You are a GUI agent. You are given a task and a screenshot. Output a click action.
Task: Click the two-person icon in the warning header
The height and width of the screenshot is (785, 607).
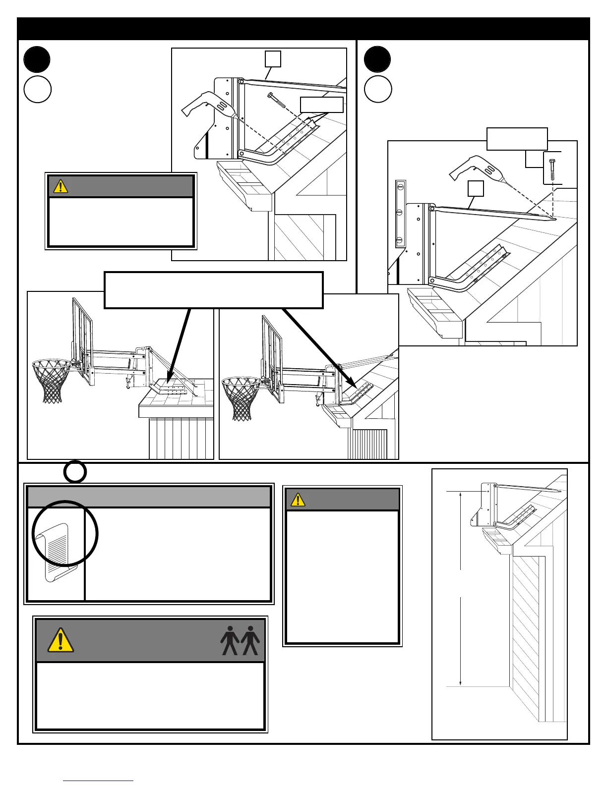[240, 641]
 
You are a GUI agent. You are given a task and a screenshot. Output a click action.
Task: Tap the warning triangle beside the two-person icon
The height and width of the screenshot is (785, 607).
[61, 640]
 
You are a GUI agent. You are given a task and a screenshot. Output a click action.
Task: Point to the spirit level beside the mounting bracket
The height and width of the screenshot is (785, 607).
[400, 214]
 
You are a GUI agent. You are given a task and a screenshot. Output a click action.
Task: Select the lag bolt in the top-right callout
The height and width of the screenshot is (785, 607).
[552, 170]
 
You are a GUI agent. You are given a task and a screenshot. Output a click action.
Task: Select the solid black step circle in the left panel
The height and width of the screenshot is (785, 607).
[37, 59]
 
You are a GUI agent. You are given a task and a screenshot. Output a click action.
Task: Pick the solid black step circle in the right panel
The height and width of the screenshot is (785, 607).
[377, 59]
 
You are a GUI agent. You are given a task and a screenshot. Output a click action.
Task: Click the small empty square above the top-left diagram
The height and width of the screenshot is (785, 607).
[272, 58]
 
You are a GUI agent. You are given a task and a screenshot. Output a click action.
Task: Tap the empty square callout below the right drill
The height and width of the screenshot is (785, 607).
[476, 188]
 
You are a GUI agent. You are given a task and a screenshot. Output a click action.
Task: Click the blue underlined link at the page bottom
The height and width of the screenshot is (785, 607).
[98, 781]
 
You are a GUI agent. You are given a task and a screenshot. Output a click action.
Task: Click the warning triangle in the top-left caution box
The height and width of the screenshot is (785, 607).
[61, 186]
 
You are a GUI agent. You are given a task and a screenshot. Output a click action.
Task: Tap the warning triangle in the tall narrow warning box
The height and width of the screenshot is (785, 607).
[298, 500]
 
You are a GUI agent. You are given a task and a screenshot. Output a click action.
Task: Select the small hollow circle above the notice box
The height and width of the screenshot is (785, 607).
[75, 472]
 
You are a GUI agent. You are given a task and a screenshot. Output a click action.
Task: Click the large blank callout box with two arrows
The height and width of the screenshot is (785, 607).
[213, 290]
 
